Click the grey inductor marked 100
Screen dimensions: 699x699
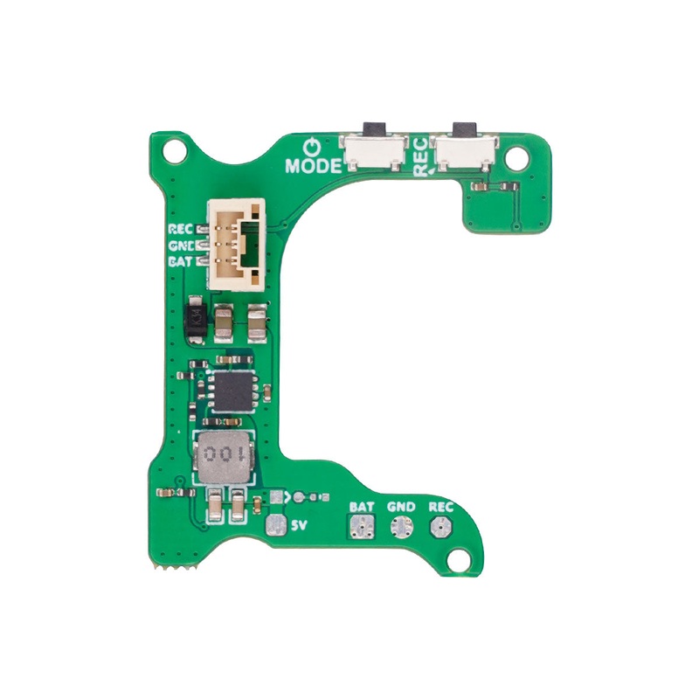click(225, 455)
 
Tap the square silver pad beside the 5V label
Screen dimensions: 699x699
click(276, 526)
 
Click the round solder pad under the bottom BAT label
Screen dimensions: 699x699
click(362, 527)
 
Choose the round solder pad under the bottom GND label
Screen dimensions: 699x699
click(401, 527)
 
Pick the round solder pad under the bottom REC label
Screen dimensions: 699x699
click(439, 527)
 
